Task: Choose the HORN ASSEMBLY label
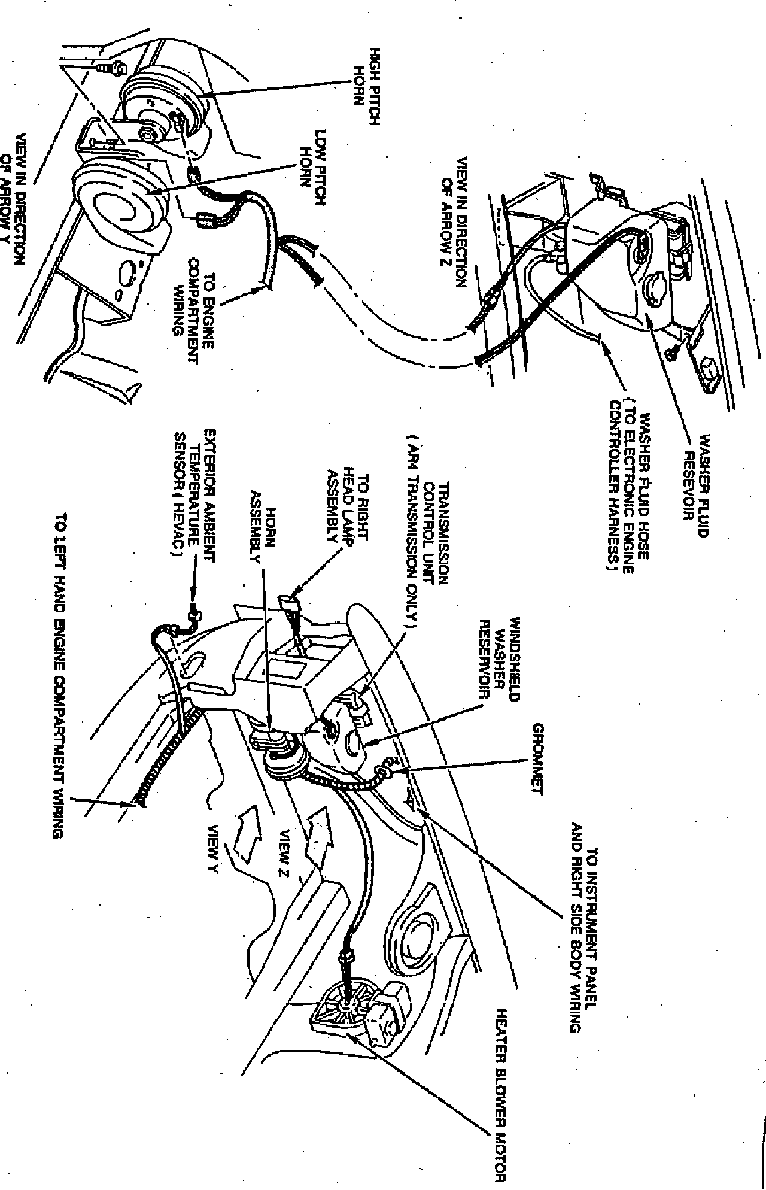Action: (263, 535)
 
